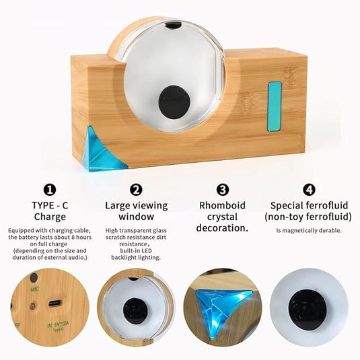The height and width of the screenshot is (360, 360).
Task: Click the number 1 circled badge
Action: click(49, 190)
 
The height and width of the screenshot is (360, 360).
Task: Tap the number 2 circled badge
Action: click(136, 190)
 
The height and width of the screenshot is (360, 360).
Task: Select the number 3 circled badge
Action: click(223, 190)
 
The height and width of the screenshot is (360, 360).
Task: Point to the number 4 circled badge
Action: click(309, 190)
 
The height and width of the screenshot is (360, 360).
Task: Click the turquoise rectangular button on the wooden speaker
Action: click(275, 106)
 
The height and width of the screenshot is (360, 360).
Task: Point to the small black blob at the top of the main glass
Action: click(173, 25)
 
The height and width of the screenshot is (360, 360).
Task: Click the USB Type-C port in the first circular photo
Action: click(55, 303)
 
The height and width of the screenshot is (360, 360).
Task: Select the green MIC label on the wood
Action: click(35, 289)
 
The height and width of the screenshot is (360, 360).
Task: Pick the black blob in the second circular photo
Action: click(135, 312)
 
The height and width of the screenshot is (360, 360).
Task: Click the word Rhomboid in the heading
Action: click(222, 205)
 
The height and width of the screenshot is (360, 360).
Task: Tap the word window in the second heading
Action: click(137, 217)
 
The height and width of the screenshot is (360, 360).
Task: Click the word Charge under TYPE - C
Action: click(50, 217)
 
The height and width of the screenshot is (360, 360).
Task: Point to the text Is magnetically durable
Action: click(309, 231)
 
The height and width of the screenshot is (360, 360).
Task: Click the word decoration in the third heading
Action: click(221, 228)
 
